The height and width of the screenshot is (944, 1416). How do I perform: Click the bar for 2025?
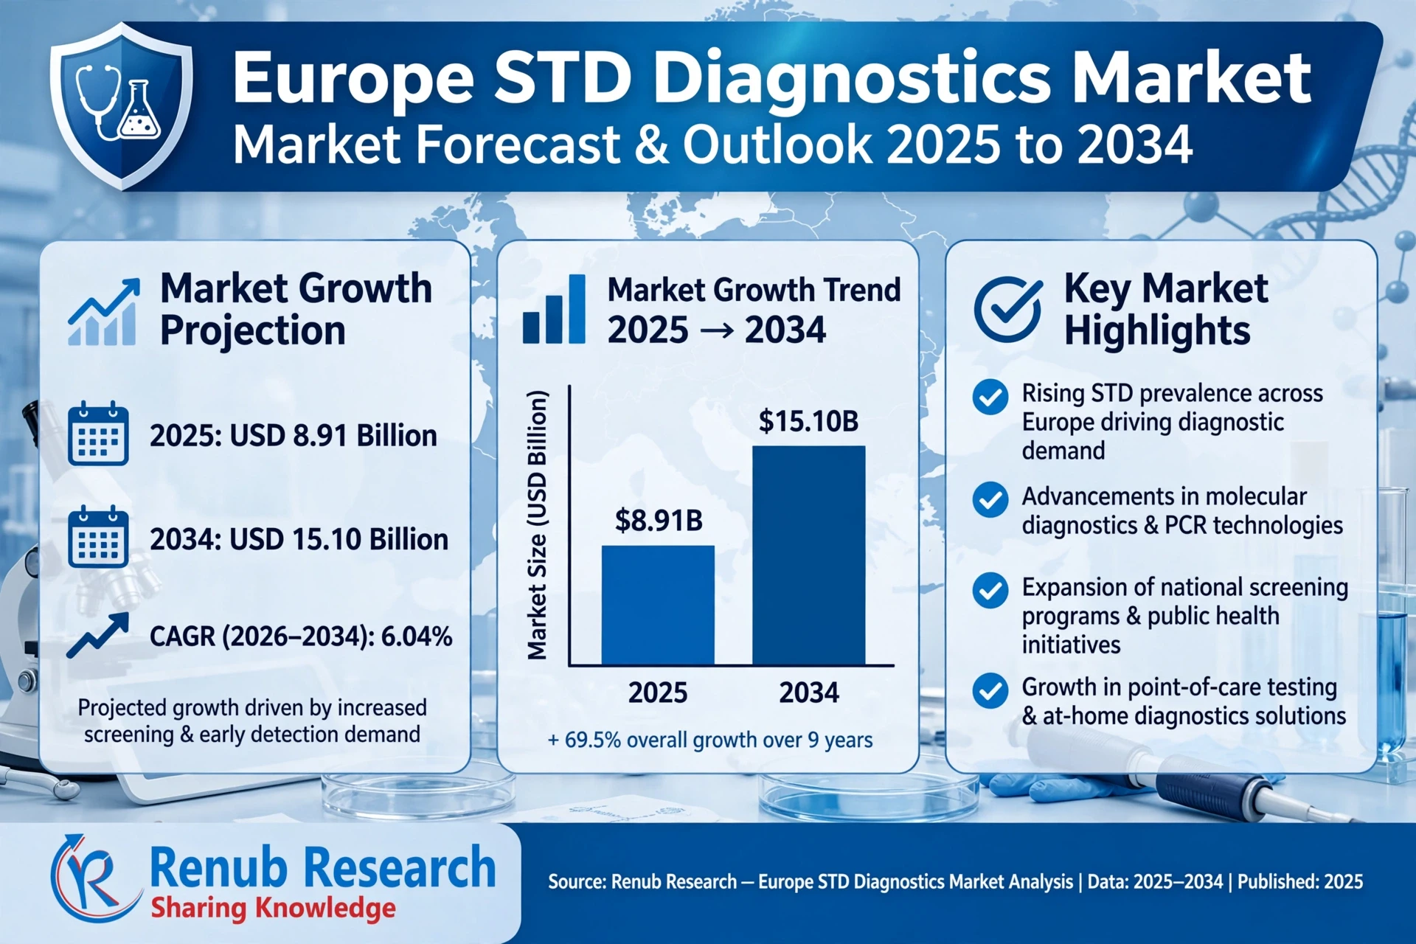(x=658, y=605)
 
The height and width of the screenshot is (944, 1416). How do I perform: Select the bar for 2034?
(x=809, y=555)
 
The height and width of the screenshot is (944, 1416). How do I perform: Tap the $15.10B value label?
(x=809, y=421)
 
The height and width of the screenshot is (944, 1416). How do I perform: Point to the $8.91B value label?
(x=659, y=521)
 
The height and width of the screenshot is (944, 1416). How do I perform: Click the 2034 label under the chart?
(x=809, y=693)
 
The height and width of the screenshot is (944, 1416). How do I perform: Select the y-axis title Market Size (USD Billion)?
(x=538, y=525)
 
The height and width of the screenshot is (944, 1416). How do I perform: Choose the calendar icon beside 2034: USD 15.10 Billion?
(x=98, y=537)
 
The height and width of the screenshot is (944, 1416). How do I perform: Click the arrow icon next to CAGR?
(x=98, y=634)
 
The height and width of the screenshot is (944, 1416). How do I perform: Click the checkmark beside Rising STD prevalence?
(x=990, y=398)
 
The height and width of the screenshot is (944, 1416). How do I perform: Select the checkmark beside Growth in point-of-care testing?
(x=990, y=691)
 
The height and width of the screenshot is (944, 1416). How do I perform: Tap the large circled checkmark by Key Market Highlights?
(x=1007, y=310)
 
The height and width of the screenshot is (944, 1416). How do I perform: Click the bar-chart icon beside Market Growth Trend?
(x=554, y=309)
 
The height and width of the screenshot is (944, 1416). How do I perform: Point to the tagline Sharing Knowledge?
(x=273, y=908)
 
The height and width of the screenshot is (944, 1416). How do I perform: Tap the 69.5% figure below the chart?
(x=594, y=740)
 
